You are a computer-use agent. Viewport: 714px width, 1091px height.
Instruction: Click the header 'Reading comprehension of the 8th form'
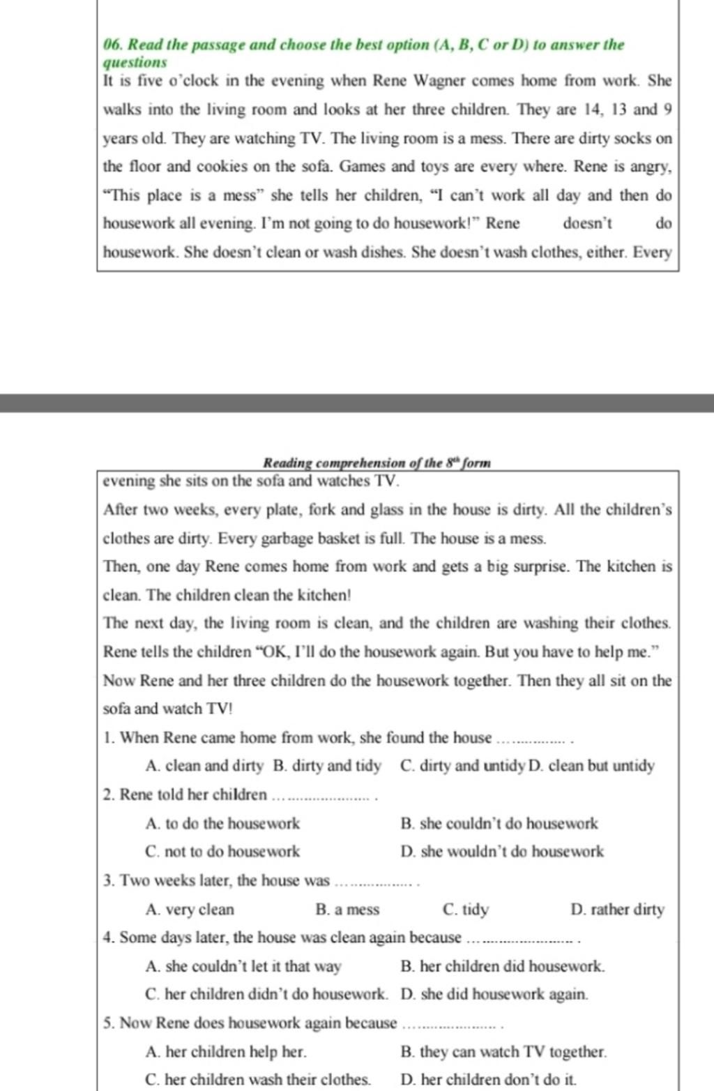(377, 462)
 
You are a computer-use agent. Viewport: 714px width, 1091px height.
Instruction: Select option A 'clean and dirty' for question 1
(204, 766)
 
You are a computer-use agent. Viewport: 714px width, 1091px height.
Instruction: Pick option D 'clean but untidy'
(593, 766)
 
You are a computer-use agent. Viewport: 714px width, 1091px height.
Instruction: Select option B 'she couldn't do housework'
(499, 824)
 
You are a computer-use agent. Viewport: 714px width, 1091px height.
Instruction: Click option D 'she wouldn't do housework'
(502, 852)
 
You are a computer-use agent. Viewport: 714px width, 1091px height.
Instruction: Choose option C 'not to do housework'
(222, 852)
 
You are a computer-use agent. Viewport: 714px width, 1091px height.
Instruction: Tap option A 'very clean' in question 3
(190, 910)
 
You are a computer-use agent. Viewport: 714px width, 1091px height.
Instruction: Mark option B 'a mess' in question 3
(347, 910)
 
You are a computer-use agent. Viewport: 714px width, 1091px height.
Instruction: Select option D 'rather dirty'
(617, 910)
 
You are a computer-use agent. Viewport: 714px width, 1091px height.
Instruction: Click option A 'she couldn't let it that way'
(243, 967)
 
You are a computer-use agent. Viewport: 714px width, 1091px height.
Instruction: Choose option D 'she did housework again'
(494, 994)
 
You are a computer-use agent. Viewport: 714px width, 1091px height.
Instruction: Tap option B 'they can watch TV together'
(503, 1052)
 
